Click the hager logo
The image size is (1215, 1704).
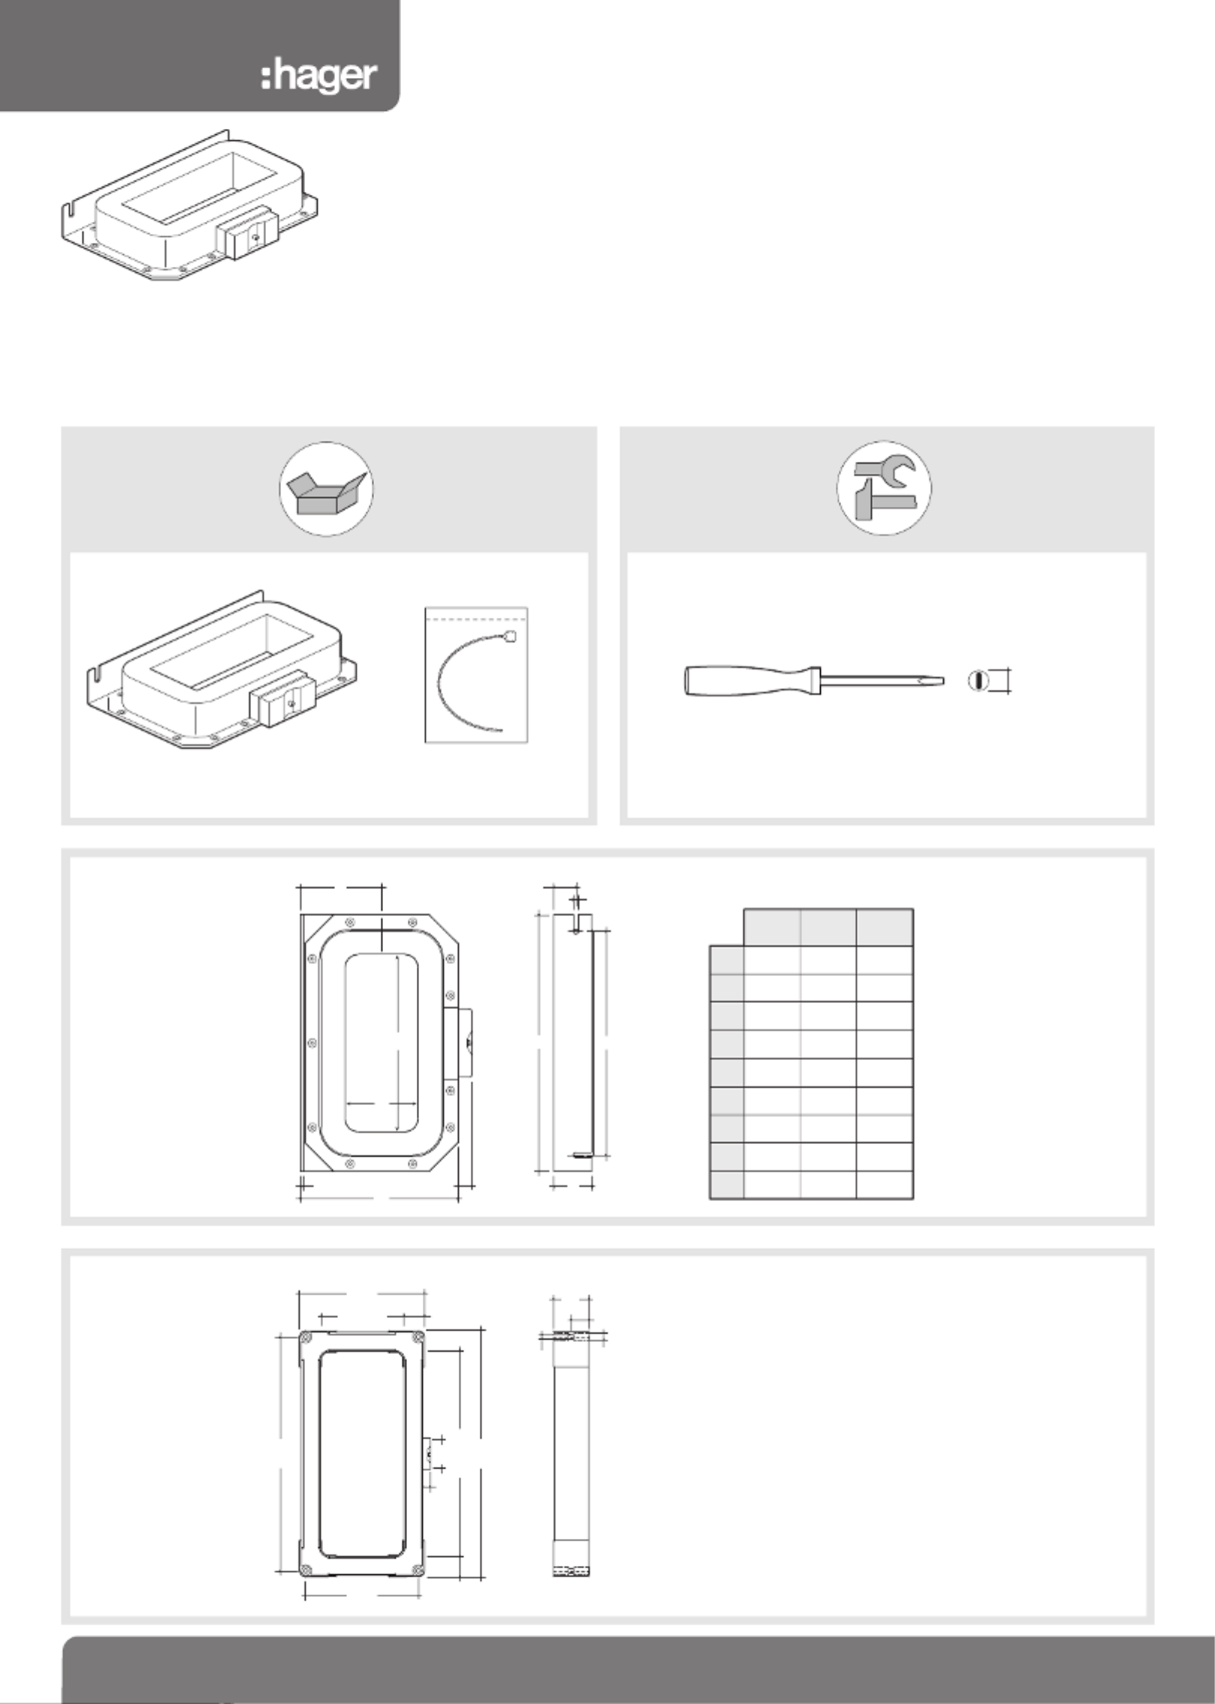click(x=319, y=77)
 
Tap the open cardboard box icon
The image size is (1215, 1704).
click(x=327, y=489)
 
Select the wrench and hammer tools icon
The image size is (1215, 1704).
click(x=884, y=488)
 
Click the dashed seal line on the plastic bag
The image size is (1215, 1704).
click(x=477, y=619)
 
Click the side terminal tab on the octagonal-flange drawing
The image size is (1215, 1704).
click(x=458, y=1043)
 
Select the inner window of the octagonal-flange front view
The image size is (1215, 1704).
click(x=381, y=1043)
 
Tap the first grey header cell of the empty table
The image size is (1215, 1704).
click(x=772, y=927)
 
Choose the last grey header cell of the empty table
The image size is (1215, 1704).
click(x=884, y=927)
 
